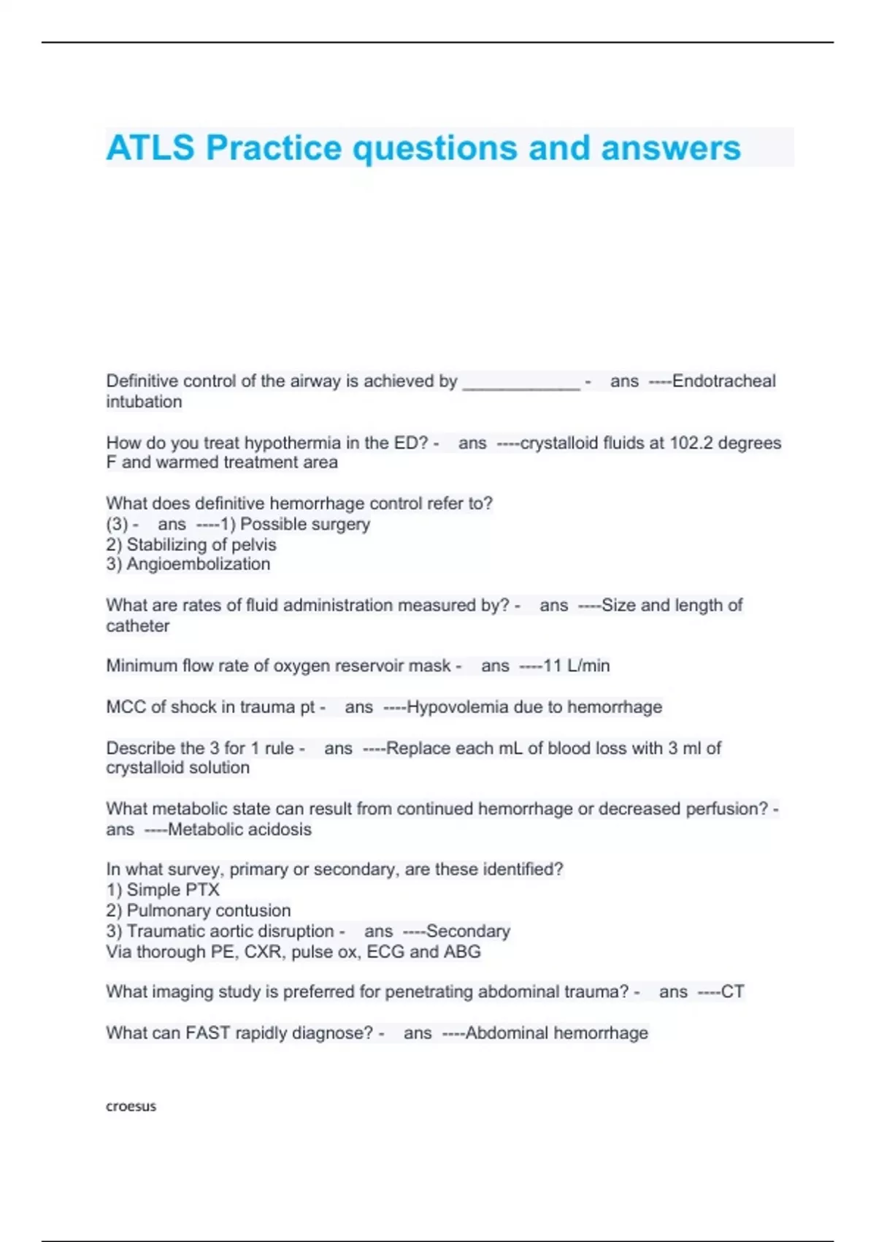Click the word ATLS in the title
point(150,148)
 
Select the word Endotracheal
point(723,381)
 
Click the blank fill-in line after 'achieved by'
point(521,383)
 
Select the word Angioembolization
point(198,564)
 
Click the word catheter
point(137,626)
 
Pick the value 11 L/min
point(576,666)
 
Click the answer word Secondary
point(468,931)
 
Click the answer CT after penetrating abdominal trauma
point(732,991)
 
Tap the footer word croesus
point(131,1106)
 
